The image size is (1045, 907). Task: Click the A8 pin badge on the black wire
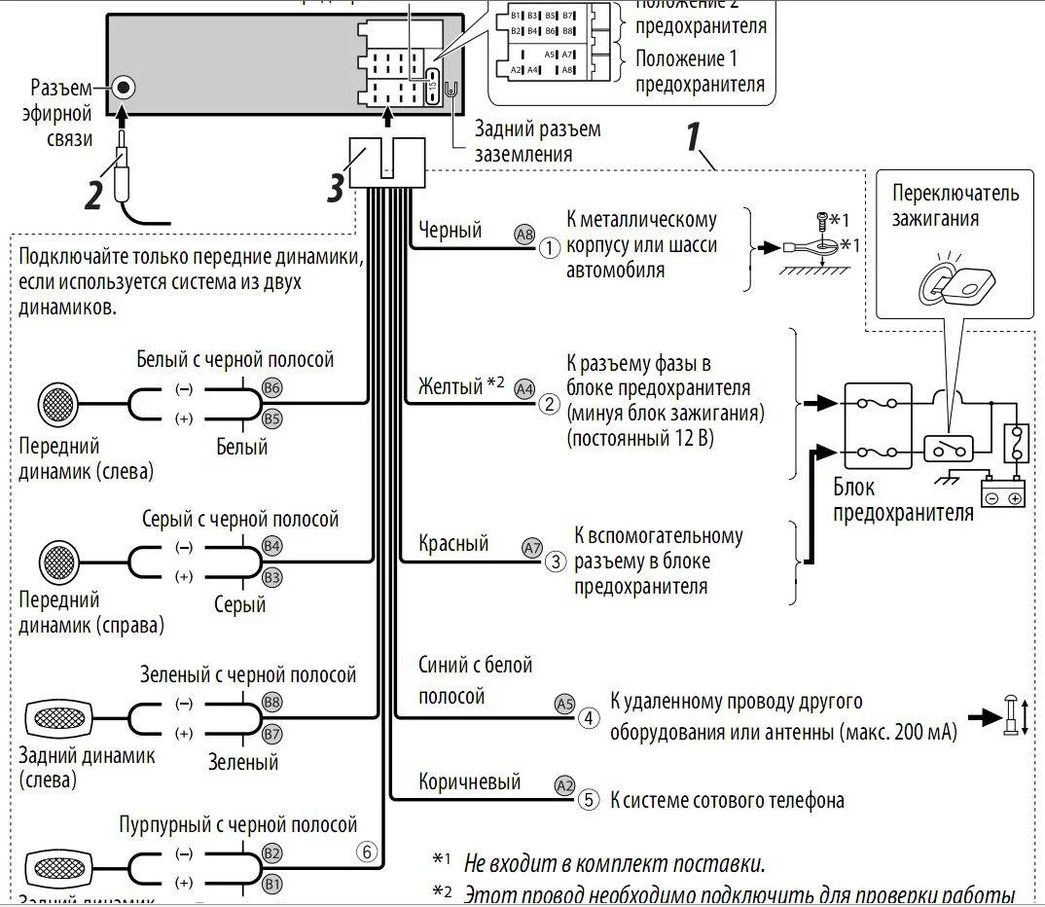pos(524,235)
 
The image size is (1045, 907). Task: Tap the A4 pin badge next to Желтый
pos(524,388)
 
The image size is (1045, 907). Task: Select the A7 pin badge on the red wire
pos(532,548)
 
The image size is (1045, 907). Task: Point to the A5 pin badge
pos(564,704)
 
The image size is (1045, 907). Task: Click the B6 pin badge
pos(272,387)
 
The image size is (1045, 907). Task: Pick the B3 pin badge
pos(272,577)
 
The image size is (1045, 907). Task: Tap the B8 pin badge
pos(272,702)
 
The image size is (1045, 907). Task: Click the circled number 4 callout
pos(589,718)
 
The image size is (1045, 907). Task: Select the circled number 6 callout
pos(367,852)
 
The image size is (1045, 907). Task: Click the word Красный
pos(453,543)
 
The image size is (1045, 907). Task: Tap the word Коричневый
pos(470,781)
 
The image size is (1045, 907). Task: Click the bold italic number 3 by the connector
pos(335,188)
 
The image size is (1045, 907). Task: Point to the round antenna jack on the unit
pos(124,88)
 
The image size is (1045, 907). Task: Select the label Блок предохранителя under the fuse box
pos(903,499)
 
